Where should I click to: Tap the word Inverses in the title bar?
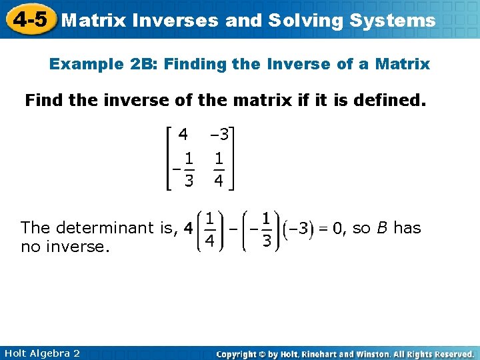click(x=175, y=21)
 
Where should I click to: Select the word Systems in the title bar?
click(x=394, y=21)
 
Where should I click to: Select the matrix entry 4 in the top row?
click(x=182, y=134)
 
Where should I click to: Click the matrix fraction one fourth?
click(x=218, y=169)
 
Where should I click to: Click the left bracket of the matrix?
click(x=168, y=157)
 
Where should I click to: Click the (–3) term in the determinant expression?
click(x=295, y=229)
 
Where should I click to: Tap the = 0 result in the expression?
click(x=330, y=229)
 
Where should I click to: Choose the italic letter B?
click(x=381, y=228)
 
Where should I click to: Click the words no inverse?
click(x=64, y=247)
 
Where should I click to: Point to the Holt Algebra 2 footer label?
click(x=41, y=353)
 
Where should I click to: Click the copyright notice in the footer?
click(x=345, y=353)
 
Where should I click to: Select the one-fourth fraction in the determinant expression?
click(x=209, y=229)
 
